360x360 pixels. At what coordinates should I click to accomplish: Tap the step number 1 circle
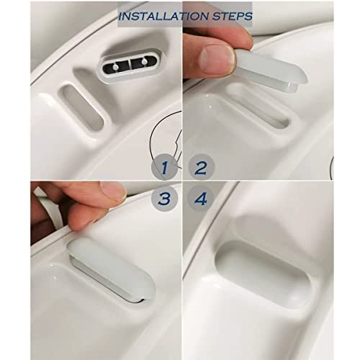pos(164,167)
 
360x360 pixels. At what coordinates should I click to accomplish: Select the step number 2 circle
pos(201,167)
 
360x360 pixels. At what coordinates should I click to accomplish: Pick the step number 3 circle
pos(165,199)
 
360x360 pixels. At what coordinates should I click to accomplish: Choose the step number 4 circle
pos(201,199)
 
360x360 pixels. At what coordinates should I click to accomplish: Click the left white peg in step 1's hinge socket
pos(115,67)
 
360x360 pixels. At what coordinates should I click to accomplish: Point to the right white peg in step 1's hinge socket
pos(144,61)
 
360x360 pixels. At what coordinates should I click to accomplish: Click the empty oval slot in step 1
pos(83,107)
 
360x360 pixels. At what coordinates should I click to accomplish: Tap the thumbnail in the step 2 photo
pos(217,59)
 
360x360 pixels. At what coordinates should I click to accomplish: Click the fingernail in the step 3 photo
pos(113,191)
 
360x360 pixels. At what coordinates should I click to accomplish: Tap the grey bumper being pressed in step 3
pos(112,269)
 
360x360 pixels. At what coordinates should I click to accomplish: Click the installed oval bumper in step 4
pos(263,274)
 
